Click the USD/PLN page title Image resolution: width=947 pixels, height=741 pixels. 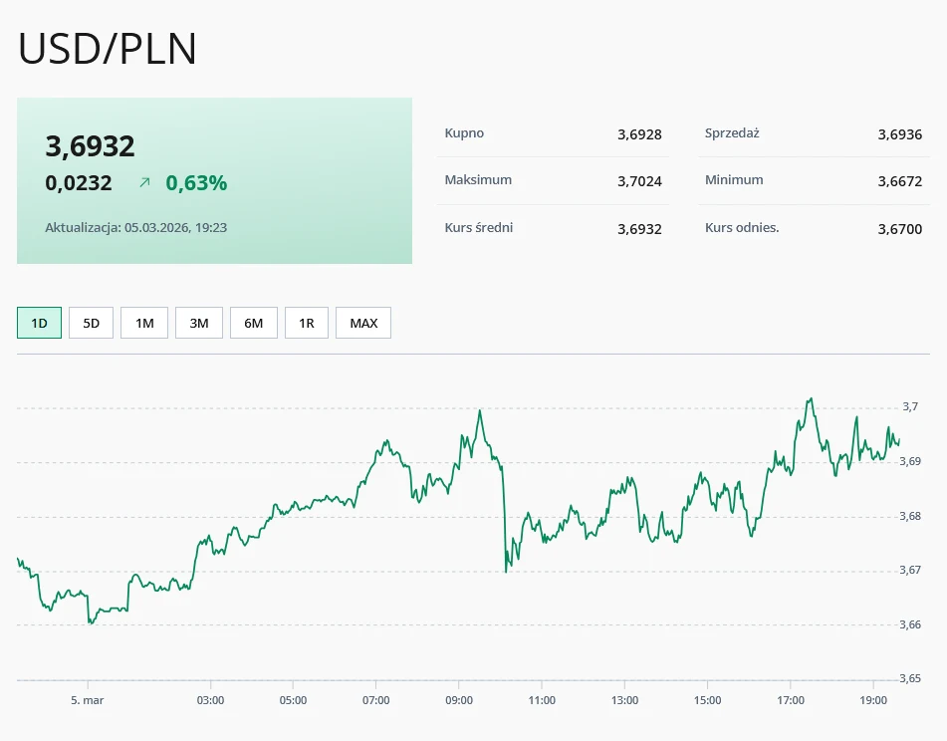(108, 50)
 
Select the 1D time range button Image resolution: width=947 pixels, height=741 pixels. (40, 323)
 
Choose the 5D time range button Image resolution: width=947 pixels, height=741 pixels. (92, 323)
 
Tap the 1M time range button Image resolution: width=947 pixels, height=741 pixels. (144, 323)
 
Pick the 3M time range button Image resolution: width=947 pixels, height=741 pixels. (199, 323)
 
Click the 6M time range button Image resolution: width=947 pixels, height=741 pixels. (254, 323)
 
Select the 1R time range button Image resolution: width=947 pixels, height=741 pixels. (307, 323)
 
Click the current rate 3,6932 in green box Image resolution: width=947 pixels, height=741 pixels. (90, 146)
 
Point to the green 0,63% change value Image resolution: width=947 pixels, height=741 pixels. (196, 183)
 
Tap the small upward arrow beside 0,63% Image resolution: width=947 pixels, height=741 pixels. (144, 183)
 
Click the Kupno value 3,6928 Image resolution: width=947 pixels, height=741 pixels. (639, 134)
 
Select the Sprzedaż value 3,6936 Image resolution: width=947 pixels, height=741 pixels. (899, 134)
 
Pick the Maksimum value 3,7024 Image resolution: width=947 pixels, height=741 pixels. (639, 181)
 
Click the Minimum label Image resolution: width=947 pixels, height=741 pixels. (734, 180)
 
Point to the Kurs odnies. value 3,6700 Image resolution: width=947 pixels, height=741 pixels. (899, 229)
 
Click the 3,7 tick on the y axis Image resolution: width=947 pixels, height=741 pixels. (910, 406)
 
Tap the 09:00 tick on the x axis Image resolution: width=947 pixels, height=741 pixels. (458, 700)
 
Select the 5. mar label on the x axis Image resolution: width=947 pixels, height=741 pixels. (88, 700)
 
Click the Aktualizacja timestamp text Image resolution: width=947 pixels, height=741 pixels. (136, 228)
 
